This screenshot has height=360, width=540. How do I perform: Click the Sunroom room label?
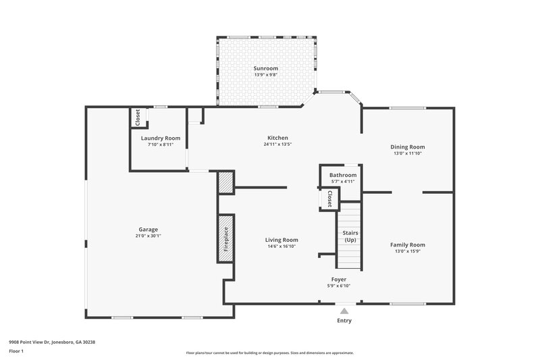coord(265,68)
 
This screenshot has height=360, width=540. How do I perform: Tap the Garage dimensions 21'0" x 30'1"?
coord(148,236)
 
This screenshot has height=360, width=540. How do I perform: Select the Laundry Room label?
coord(161,138)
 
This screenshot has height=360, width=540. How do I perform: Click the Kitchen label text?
coord(277,138)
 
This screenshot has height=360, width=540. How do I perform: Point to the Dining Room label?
coord(408,147)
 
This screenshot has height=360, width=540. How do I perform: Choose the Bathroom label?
coord(343,175)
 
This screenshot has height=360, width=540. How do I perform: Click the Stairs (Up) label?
coord(350,236)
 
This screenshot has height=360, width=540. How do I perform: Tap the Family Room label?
coord(408,245)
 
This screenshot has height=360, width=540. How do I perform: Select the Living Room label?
coord(281,240)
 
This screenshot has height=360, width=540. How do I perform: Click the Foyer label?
coord(338,279)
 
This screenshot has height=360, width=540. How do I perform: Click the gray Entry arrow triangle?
coord(344,311)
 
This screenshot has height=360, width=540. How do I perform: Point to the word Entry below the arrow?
coord(344,320)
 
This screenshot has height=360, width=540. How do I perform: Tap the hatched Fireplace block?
coord(225,238)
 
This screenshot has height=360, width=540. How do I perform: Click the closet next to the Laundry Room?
coord(138,118)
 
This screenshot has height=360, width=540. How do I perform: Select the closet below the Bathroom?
coord(329,199)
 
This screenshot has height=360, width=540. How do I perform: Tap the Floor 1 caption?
coord(17,351)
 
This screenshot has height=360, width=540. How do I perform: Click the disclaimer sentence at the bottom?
coord(269,353)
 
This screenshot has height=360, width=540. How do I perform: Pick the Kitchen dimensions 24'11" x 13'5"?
coord(277,144)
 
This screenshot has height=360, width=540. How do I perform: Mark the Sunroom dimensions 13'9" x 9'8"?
coord(265,75)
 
